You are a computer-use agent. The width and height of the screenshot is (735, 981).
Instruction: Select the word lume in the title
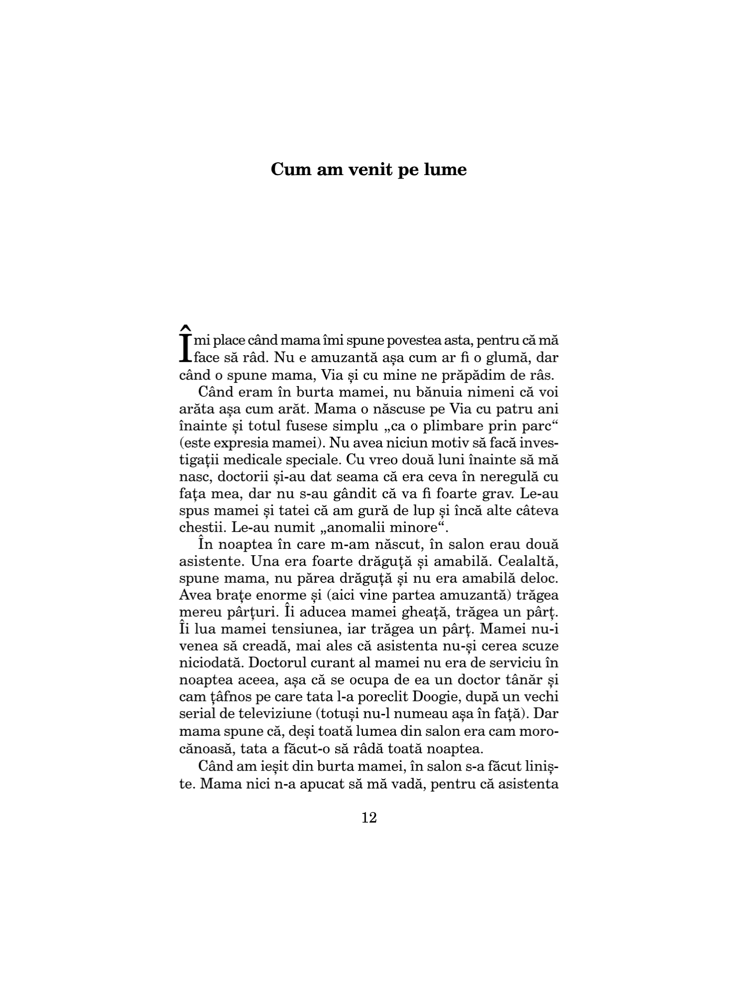coord(445,170)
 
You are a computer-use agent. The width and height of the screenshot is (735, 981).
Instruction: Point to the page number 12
coord(369,817)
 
